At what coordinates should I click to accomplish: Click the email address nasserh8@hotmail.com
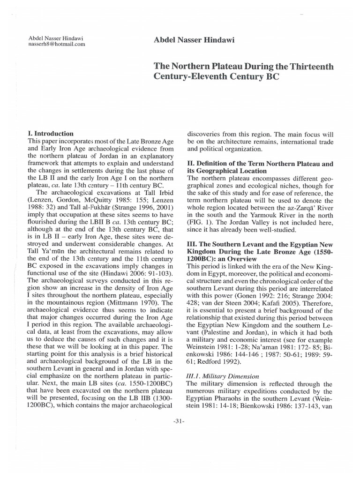pos(57,44)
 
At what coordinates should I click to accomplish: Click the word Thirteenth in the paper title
pos(309,67)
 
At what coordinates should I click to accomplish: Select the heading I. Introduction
pos(51,134)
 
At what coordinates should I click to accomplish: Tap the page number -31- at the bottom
pos(180,421)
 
